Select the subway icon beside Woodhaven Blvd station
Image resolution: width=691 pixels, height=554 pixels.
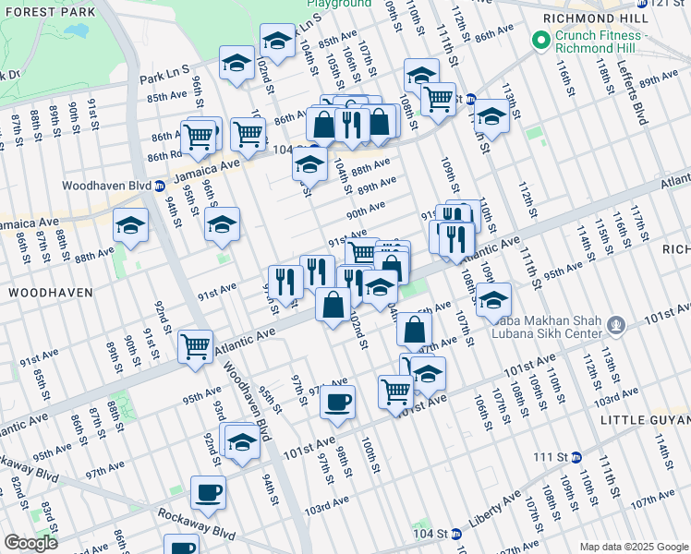159,185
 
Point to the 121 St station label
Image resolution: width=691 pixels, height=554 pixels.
669,4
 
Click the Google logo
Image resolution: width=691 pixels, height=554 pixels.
31,543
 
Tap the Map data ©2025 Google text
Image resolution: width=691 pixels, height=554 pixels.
633,547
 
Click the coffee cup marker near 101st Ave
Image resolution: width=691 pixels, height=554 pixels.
337,403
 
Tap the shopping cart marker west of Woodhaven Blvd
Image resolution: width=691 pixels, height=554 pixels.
196,347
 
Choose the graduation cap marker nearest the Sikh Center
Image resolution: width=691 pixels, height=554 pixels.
493,299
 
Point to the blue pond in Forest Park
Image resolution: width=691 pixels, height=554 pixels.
76,30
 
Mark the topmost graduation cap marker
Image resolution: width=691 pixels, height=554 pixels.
276,41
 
